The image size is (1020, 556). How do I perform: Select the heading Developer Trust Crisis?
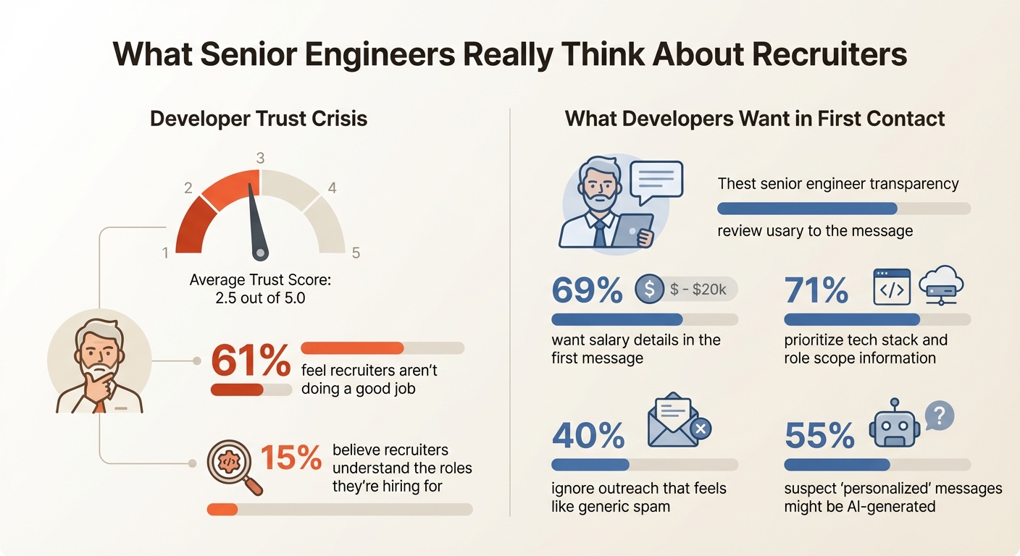[x=259, y=118]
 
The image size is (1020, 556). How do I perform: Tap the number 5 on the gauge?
[x=356, y=253]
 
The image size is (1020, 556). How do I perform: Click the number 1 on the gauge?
[x=166, y=253]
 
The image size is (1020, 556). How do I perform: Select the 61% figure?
[x=250, y=361]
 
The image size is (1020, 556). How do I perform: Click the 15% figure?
[x=290, y=458]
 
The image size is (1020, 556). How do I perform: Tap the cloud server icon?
[x=941, y=285]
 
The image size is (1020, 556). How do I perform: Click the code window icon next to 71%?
[x=891, y=287]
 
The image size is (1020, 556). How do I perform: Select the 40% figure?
[x=588, y=436]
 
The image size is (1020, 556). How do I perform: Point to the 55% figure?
[x=820, y=436]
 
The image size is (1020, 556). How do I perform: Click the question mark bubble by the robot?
[x=940, y=416]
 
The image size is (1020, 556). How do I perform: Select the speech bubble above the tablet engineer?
[x=656, y=181]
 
